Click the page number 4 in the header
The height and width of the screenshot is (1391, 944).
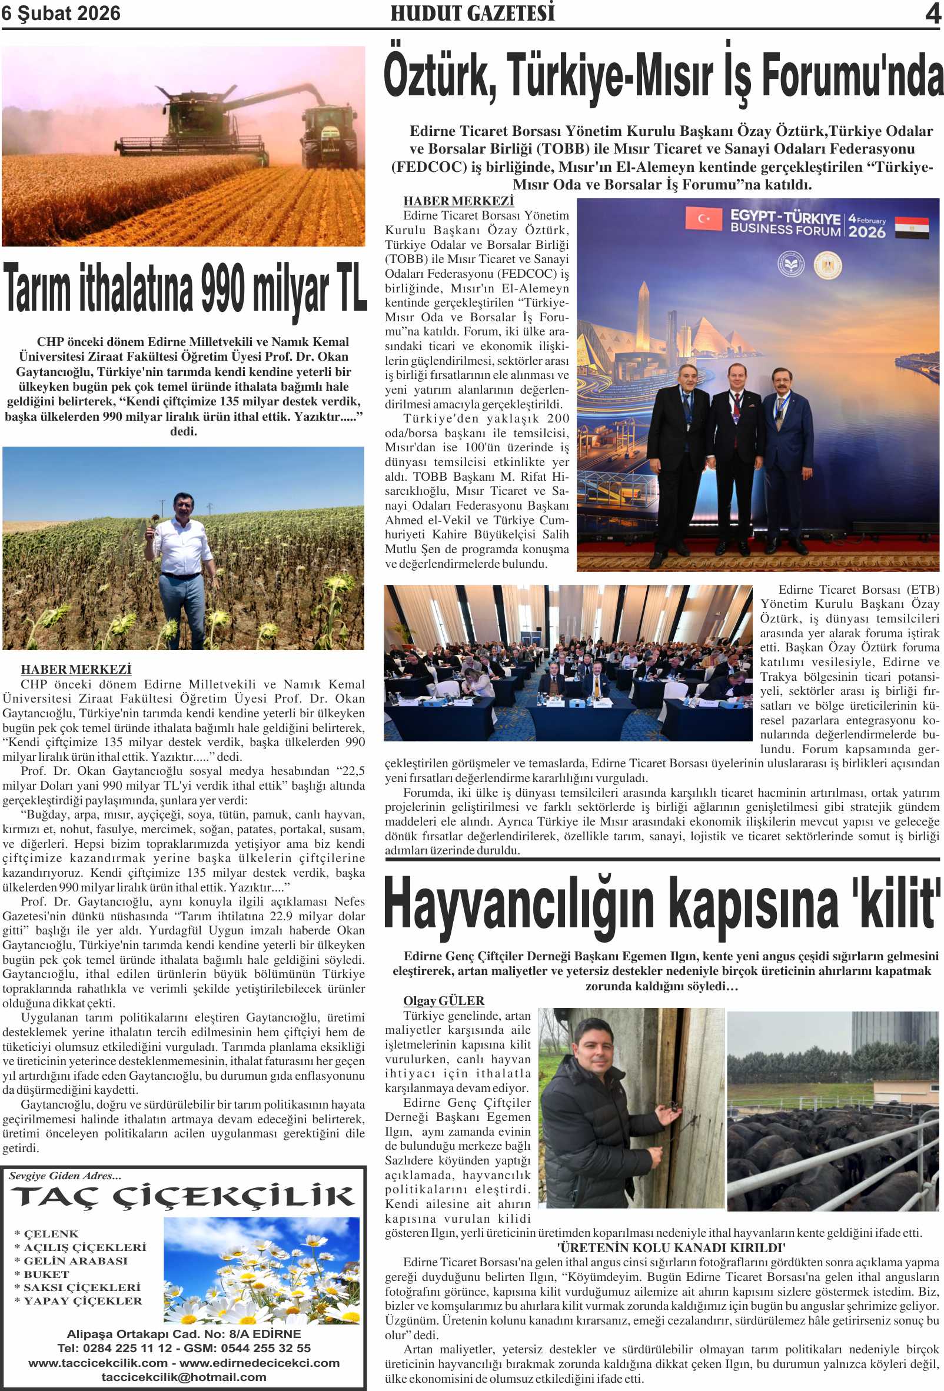pos(933,13)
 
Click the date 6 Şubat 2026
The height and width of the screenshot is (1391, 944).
pos(61,13)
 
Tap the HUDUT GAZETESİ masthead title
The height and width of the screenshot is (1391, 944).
pos(473,13)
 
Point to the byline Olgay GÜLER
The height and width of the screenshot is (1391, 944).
pos(444,1000)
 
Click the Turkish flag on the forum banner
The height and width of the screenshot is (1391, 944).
pos(704,219)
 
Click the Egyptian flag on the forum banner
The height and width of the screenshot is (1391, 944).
pos(911,228)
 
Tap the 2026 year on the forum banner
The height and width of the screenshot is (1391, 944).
pos(866,232)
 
